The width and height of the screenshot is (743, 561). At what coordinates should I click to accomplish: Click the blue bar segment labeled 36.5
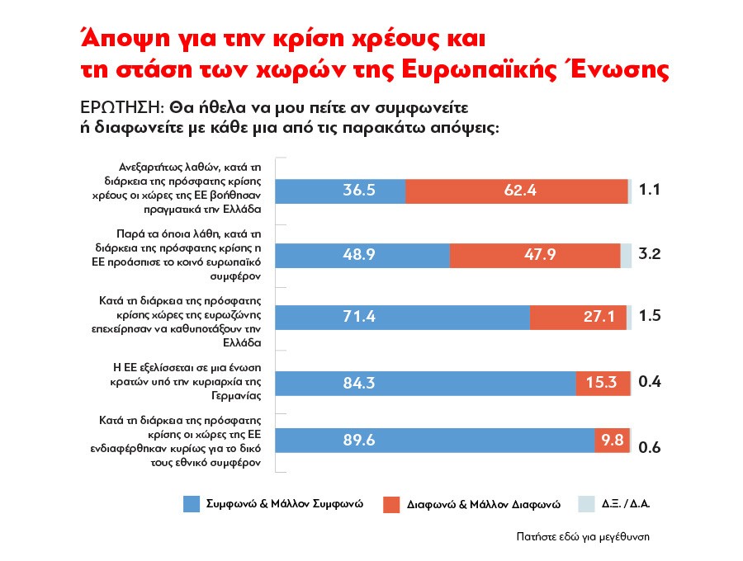[340, 191]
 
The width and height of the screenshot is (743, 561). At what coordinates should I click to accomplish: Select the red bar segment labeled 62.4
[517, 191]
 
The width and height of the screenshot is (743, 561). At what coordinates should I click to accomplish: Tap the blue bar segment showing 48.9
[362, 255]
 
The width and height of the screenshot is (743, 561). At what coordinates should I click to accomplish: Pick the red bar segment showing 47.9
[535, 255]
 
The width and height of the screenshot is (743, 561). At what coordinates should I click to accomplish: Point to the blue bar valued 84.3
[425, 383]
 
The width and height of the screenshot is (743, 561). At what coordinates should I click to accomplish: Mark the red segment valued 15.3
[603, 383]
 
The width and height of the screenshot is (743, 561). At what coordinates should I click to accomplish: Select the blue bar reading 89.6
[434, 440]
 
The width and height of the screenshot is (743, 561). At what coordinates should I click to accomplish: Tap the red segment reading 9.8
[612, 440]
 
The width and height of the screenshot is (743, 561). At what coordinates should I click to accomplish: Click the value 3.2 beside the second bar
[651, 255]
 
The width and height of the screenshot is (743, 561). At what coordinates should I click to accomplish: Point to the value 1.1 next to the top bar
[651, 191]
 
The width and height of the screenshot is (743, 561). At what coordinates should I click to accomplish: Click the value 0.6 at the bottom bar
[650, 447]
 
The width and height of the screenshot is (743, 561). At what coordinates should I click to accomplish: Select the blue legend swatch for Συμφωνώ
[192, 504]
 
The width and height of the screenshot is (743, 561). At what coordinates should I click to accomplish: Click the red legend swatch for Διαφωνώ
[394, 504]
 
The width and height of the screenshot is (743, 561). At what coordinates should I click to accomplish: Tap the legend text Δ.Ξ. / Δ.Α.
[627, 503]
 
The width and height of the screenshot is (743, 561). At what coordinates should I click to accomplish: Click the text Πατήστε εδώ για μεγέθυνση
[581, 535]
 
